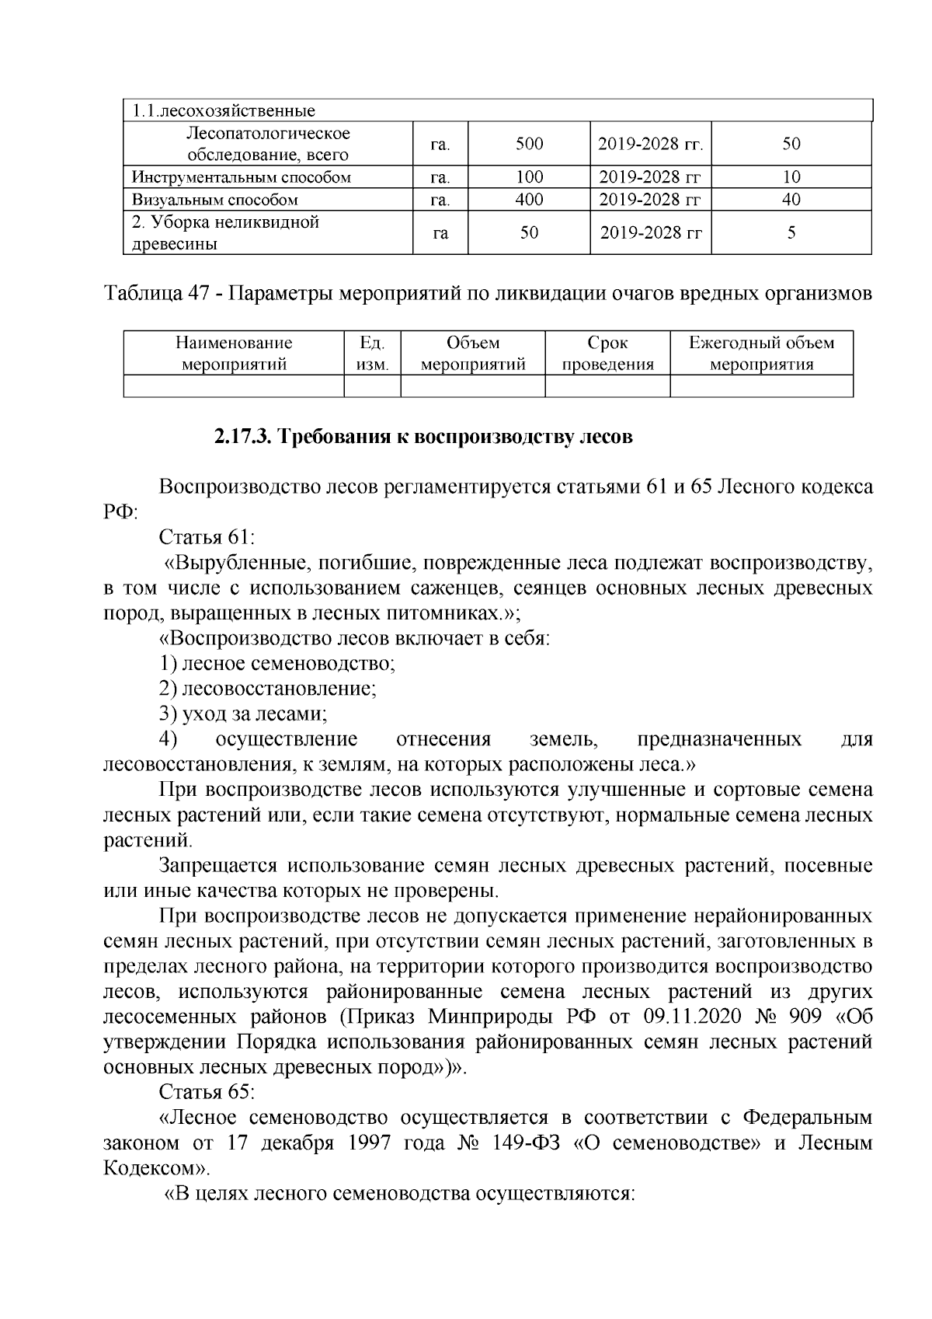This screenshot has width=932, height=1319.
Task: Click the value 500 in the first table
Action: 529,144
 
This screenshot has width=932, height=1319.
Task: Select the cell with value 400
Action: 529,200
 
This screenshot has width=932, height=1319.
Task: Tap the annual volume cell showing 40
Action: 791,200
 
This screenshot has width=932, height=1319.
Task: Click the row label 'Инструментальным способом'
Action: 242,177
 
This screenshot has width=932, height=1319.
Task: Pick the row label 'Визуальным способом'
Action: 215,200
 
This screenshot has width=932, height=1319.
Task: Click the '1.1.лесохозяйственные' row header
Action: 223,110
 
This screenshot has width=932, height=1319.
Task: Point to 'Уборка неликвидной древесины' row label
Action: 226,233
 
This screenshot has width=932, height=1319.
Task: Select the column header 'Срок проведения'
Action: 607,354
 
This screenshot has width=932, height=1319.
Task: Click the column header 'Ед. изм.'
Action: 372,354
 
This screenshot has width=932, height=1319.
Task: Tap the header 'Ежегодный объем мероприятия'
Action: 761,354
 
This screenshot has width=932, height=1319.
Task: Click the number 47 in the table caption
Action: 199,295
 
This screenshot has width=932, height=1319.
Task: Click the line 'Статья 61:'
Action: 207,537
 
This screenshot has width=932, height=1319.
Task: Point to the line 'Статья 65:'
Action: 207,1092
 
